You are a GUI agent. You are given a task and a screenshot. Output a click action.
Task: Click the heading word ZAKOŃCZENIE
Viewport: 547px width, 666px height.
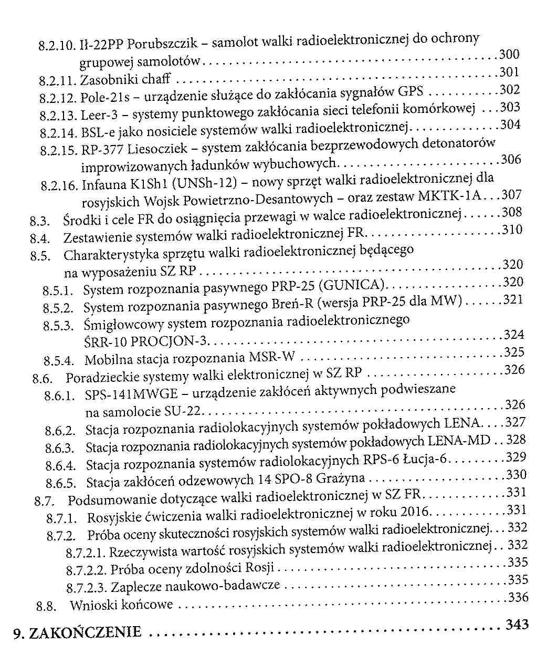point(85,632)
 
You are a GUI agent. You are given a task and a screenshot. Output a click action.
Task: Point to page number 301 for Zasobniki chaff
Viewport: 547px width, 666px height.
point(509,72)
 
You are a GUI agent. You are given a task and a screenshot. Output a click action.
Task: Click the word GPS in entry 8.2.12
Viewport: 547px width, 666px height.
point(411,92)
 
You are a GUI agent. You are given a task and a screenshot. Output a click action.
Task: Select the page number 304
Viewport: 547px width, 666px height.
point(510,125)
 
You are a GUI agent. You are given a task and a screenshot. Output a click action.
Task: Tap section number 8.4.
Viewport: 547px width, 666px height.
point(40,238)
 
